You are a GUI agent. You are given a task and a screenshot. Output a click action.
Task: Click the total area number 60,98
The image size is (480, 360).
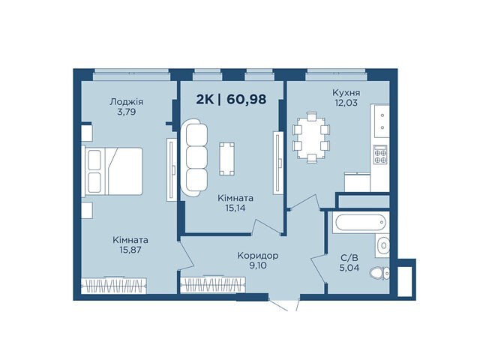coord(247,100)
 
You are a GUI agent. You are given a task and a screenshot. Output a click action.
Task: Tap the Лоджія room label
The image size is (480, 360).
coord(127,102)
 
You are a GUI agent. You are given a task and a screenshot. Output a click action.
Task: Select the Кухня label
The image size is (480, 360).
coord(346,92)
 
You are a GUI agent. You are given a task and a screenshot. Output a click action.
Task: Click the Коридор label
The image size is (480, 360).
coord(258,255)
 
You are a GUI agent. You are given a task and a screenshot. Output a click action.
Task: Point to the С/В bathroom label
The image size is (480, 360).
coord(349,257)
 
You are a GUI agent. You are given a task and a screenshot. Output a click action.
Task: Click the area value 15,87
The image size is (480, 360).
coord(130,250)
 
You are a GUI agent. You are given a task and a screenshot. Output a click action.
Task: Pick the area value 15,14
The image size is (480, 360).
coord(235,208)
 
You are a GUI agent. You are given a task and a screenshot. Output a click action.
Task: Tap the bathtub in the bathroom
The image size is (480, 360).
coord(360,223)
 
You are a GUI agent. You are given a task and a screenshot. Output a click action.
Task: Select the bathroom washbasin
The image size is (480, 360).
coord(382,245)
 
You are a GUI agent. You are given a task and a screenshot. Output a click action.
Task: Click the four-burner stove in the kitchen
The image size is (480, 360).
coord(380,154)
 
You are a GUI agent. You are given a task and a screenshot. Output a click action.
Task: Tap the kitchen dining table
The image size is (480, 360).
coord(311,138)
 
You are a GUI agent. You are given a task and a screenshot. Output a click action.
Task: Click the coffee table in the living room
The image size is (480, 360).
coord(226,158)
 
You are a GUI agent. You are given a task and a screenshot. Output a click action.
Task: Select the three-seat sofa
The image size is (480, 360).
coord(194,157)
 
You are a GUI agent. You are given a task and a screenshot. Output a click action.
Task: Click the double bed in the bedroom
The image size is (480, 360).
coord(112,171)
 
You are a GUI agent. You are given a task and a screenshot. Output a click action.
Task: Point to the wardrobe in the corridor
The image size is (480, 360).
coord(213,285)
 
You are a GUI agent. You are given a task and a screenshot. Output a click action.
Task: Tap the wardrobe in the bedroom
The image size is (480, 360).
coord(113,286)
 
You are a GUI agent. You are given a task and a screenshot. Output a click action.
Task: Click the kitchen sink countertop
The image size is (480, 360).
coord(380,121)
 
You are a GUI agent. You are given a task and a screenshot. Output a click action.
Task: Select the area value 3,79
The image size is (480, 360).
coord(127,112)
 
